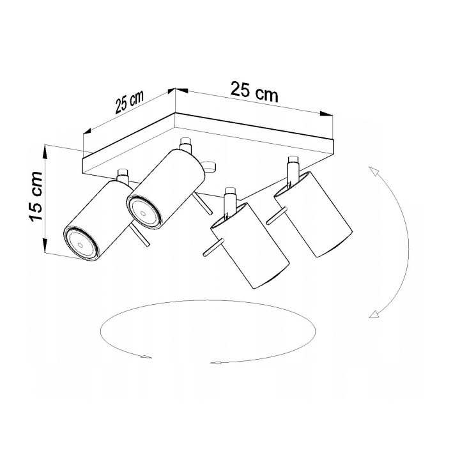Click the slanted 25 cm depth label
coord(128,103)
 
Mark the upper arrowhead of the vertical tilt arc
coord(373,170)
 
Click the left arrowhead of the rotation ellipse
coord(147,356)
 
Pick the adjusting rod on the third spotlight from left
coord(211,248)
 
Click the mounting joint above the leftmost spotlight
coord(123,174)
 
